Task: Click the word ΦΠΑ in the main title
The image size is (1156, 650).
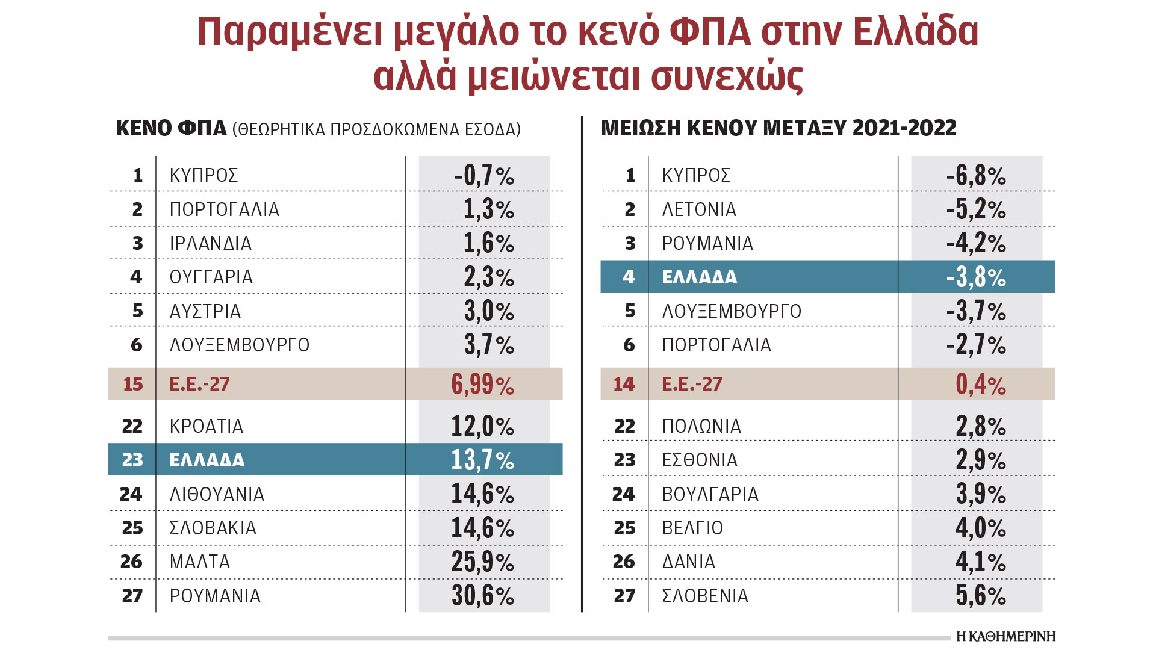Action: pos(710,31)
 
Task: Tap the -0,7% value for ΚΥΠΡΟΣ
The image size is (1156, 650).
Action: pos(484,176)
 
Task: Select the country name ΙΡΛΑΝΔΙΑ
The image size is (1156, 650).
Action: pos(211,243)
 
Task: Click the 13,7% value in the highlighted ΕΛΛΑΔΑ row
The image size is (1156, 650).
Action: pos(483,460)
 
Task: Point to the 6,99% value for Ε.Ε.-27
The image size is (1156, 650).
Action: pos(483,385)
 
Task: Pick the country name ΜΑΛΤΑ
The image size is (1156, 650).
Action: pos(200,562)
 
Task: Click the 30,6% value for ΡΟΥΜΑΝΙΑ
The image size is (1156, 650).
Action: pos(483,596)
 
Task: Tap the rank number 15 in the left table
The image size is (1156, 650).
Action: pos(133,384)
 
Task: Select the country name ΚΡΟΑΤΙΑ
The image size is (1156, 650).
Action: pos(207,426)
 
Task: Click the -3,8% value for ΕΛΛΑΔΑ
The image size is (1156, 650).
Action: pos(976,277)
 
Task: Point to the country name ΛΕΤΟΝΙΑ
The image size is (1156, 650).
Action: pos(699,209)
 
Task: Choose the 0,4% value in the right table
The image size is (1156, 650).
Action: pos(981,385)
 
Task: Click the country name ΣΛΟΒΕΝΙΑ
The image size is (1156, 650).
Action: pos(705,596)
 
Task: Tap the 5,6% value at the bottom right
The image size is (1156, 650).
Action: pos(981,596)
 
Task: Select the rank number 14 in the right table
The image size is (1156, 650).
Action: pos(624,384)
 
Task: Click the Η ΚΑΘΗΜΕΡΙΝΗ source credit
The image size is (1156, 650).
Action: pos(1006,637)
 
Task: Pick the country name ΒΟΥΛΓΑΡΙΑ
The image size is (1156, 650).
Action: pos(710,494)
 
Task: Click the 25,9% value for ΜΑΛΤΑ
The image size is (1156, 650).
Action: pos(483,562)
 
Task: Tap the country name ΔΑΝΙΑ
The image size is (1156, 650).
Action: pos(689,562)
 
